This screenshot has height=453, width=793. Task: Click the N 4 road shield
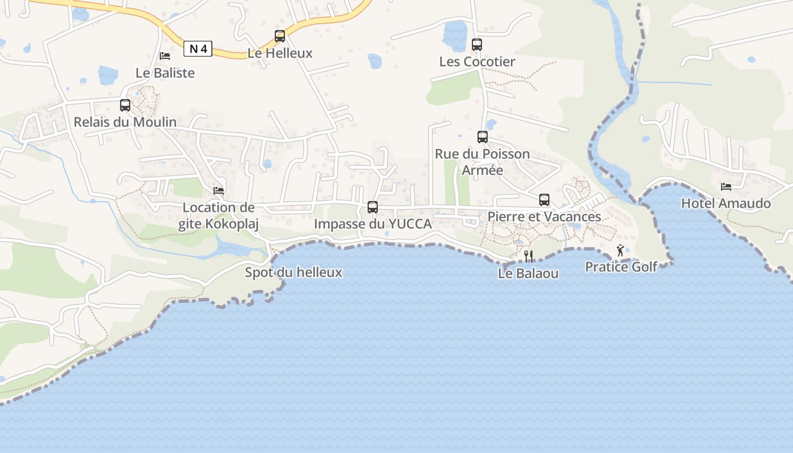198,49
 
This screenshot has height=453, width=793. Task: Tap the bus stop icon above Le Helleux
280,36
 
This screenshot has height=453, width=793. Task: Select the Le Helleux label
280,53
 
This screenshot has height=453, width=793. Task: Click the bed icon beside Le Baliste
165,55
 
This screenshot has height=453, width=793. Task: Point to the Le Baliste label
165,73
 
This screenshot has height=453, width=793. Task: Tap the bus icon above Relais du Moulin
125,105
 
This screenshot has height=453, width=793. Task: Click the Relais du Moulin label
125,122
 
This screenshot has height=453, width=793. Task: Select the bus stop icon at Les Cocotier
477,45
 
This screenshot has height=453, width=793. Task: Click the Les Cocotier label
477,62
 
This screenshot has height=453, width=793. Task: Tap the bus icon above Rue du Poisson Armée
483,137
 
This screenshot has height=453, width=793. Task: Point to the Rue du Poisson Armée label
483,162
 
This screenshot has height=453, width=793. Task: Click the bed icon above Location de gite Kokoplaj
219,191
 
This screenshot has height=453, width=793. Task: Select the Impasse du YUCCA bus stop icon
373,207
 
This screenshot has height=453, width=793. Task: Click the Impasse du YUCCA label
373,224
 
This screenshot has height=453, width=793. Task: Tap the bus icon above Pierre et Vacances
544,200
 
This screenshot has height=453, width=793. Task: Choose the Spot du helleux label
293,272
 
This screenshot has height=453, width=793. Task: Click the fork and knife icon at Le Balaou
528,257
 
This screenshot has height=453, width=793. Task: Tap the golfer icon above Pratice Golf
621,250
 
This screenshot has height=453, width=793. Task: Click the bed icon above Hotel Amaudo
726,186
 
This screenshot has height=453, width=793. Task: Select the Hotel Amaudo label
726,203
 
